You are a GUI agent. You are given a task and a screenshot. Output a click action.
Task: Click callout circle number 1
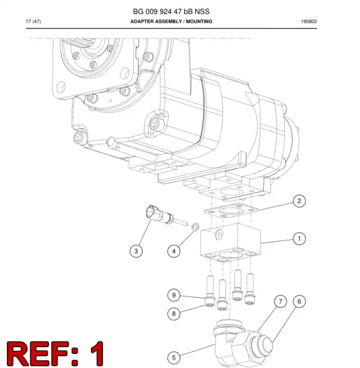click(299, 239)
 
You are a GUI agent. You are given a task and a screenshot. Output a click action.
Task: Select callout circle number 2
click(299, 201)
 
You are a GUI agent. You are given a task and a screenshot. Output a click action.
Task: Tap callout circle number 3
click(136, 251)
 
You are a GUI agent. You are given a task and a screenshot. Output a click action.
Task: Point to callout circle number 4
click(174, 251)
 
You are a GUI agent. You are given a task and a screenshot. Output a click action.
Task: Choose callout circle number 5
click(174, 358)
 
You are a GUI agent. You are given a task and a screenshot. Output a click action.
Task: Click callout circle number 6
click(299, 301)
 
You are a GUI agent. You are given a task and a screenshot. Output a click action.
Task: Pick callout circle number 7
click(280, 301)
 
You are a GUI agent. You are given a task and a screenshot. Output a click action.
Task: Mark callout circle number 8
click(174, 314)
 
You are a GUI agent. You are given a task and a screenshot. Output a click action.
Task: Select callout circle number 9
click(174, 295)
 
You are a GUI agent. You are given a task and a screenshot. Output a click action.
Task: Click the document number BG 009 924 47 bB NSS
click(171, 11)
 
